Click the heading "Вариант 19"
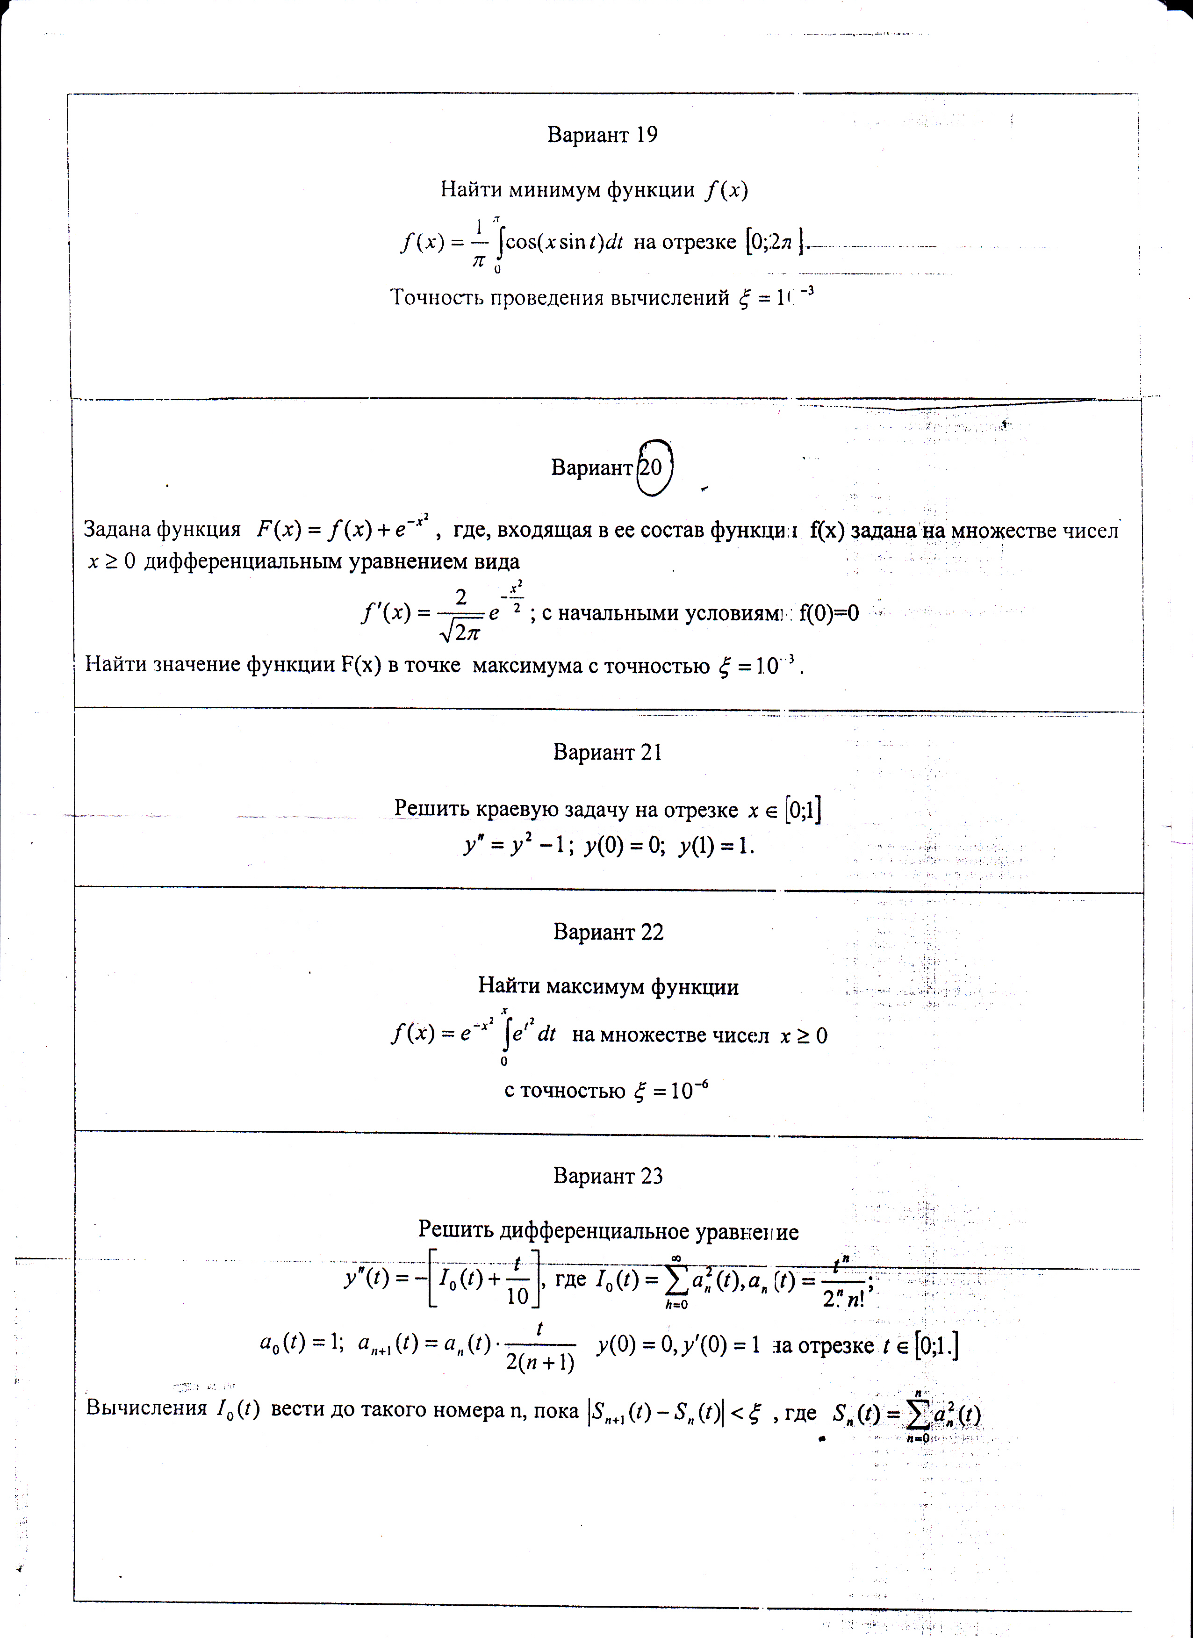[602, 135]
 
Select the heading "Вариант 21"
[607, 753]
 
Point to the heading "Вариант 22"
[608, 933]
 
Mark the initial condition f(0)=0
[829, 613]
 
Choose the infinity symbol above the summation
[676, 1258]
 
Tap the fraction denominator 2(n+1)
[540, 1362]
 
